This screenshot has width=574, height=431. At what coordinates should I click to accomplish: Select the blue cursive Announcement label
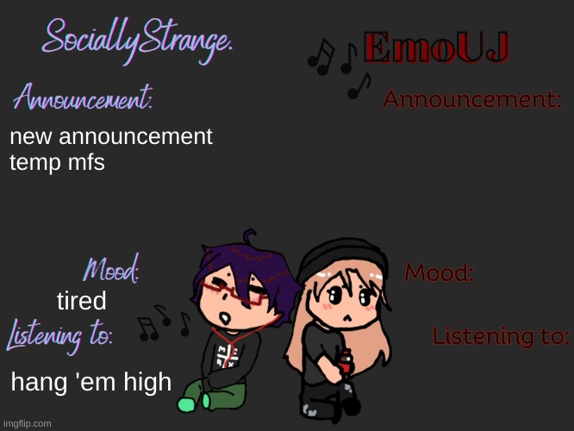click(x=84, y=100)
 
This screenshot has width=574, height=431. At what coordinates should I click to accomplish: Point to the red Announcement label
click(x=472, y=100)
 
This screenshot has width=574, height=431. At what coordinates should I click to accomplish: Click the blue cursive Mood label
click(x=112, y=272)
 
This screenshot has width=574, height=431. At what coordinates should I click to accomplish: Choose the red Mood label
click(x=439, y=274)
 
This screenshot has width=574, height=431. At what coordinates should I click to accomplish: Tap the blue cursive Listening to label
click(x=60, y=334)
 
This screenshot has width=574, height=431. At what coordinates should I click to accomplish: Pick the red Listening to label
click(x=500, y=336)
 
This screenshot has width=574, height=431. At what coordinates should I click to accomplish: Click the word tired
click(x=81, y=302)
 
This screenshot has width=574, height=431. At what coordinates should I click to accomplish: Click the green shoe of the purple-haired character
click(x=188, y=403)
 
